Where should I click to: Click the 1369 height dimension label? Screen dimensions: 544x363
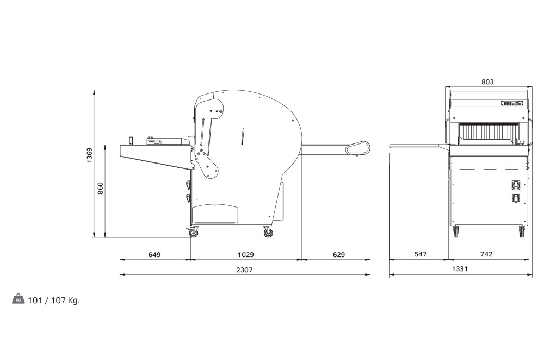pyautogui.click(x=90, y=155)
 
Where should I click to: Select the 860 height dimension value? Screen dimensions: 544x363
pyautogui.click(x=100, y=188)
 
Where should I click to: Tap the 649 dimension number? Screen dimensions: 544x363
pyautogui.click(x=154, y=255)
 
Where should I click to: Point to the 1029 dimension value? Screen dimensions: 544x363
pyautogui.click(x=246, y=255)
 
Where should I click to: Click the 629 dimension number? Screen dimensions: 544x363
pyautogui.click(x=339, y=255)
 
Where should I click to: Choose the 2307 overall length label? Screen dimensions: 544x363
pyautogui.click(x=245, y=270)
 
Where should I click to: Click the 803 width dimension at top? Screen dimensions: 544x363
pyautogui.click(x=487, y=82)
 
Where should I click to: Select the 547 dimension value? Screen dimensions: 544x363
pyautogui.click(x=421, y=254)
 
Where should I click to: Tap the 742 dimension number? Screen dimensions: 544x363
pyautogui.click(x=486, y=254)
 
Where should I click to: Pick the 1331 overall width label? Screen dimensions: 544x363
pyautogui.click(x=460, y=268)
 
